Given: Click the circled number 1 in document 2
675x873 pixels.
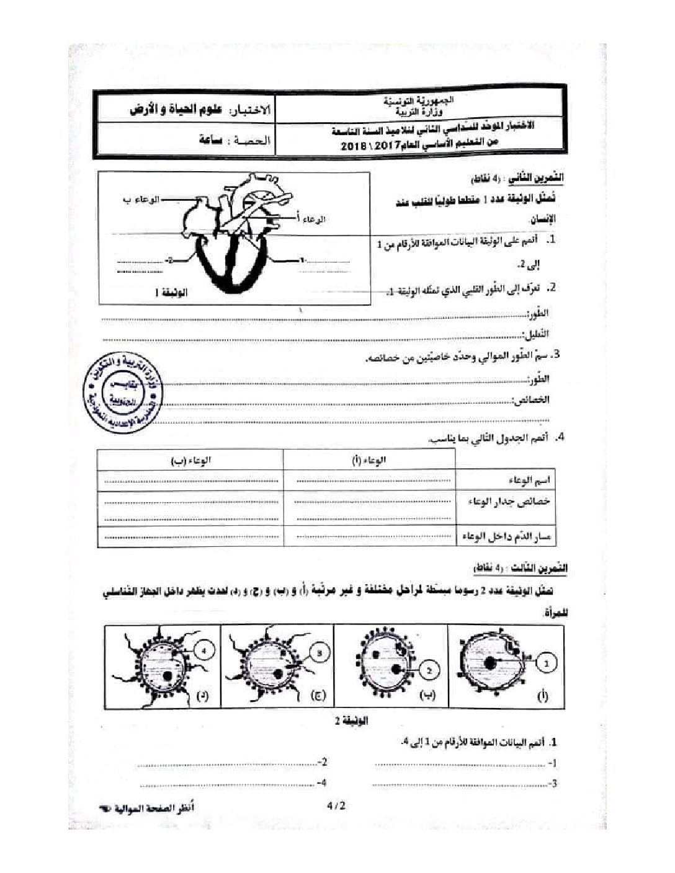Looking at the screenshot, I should point(546,663).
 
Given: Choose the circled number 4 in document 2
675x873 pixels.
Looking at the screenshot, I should point(206,650).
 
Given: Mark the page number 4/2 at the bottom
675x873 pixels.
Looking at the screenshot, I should point(334,806).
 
